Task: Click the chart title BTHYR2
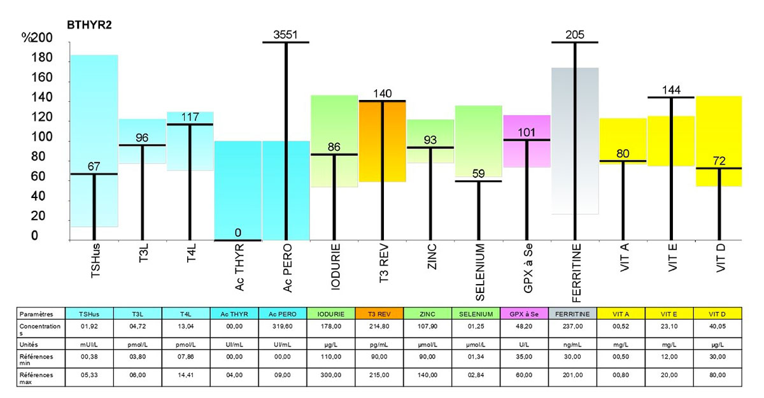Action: (x=90, y=25)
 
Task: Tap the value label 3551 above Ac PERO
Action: (x=285, y=34)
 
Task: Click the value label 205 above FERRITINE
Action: (x=574, y=34)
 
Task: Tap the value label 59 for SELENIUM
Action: (x=478, y=173)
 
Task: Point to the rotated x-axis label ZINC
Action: (x=431, y=260)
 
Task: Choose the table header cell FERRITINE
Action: (x=574, y=314)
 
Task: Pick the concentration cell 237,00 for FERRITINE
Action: (x=574, y=327)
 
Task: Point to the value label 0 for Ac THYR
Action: (x=237, y=232)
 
